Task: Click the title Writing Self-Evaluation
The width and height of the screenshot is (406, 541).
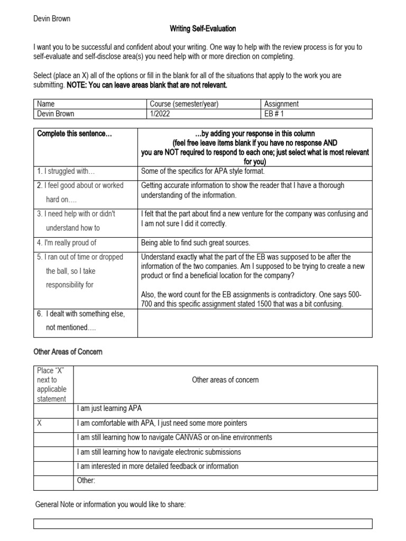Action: tap(202, 29)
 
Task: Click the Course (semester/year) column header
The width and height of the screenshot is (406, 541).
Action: tap(184, 104)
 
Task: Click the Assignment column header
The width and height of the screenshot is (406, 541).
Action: tap(281, 104)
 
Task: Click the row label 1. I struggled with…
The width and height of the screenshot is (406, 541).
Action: tap(66, 171)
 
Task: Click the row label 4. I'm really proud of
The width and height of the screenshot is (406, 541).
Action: tap(67, 242)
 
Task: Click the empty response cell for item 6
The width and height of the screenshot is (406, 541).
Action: tap(255, 323)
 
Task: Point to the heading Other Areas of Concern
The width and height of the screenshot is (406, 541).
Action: tap(68, 351)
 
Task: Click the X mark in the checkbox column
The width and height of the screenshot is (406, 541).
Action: tap(39, 423)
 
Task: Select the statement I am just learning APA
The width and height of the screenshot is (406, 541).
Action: tap(109, 409)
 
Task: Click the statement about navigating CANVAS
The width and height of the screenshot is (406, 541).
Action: tap(174, 437)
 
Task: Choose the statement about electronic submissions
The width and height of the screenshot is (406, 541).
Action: tap(159, 452)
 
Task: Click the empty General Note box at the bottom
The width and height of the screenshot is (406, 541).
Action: tap(203, 524)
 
